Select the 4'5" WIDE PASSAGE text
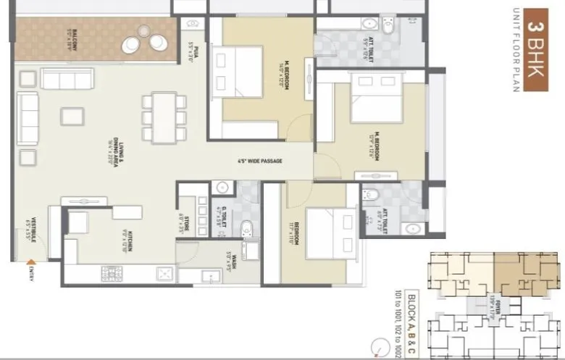pos(259,161)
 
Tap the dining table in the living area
pos(164,116)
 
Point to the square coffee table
pos(72,116)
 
